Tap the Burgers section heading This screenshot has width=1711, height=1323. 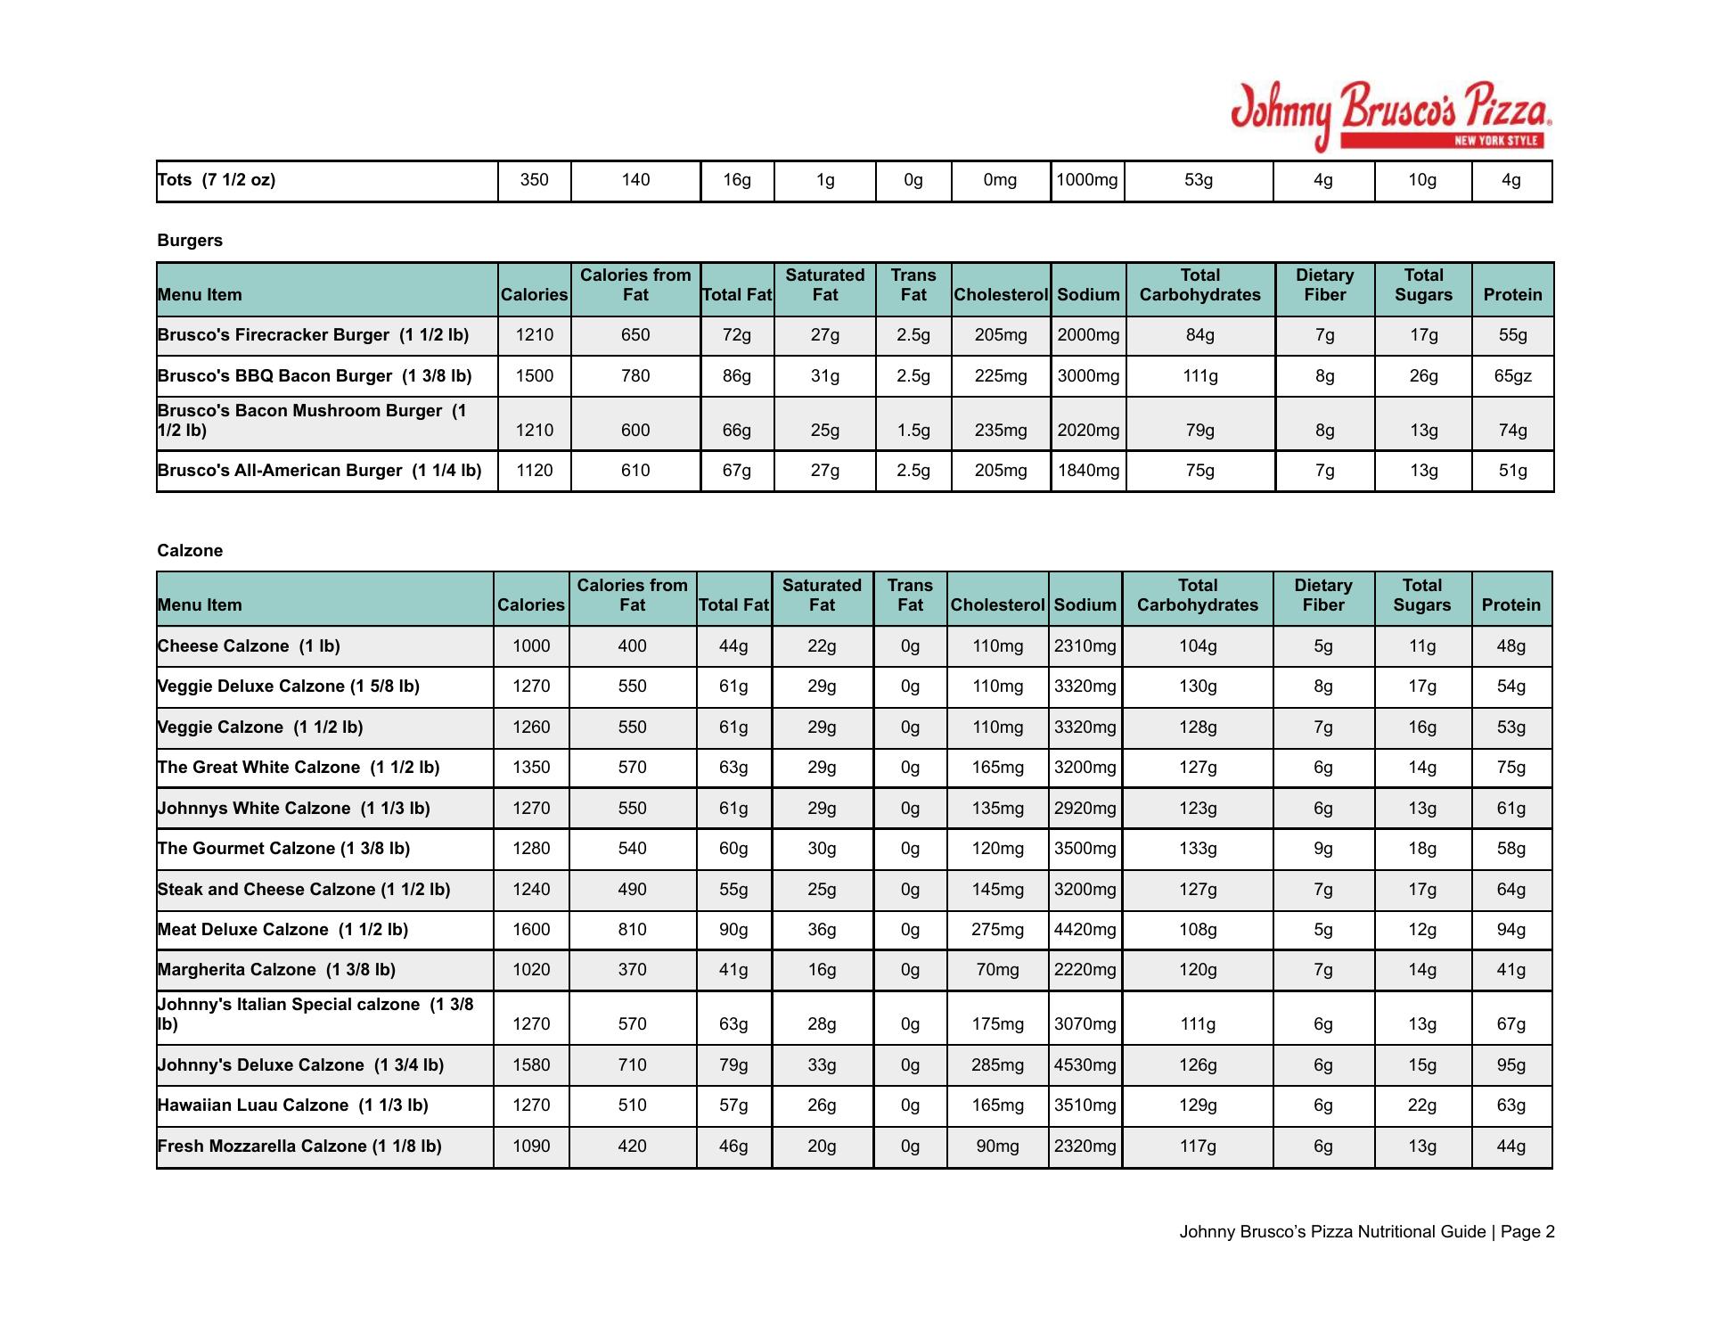coord(190,241)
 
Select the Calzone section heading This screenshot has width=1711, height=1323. coord(190,551)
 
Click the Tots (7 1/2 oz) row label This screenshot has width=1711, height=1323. coord(217,180)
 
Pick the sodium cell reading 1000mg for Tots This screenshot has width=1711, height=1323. coord(1086,180)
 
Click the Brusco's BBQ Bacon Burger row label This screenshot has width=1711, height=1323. coord(315,376)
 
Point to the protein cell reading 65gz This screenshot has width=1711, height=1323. coord(1512,376)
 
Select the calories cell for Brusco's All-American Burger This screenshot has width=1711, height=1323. coord(534,471)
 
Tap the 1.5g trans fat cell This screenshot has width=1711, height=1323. coord(913,431)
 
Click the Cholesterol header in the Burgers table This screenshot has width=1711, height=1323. coord(1000,295)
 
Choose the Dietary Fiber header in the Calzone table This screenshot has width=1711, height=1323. coord(1322,596)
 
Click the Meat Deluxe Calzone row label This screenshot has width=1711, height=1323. coord(282,930)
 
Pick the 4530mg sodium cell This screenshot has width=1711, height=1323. coord(1085,1065)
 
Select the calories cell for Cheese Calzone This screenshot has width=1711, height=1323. coord(531,646)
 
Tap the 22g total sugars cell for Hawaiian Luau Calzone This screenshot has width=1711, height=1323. coord(1421,1105)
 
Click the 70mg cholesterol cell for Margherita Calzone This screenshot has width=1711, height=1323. coord(997,970)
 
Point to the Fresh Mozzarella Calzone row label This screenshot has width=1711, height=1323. coord(299,1146)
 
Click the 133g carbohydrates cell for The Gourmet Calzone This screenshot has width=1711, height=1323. coord(1197,849)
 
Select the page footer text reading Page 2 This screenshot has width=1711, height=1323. coord(1527,1232)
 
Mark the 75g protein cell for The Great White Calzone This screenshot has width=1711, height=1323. coord(1510,768)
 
